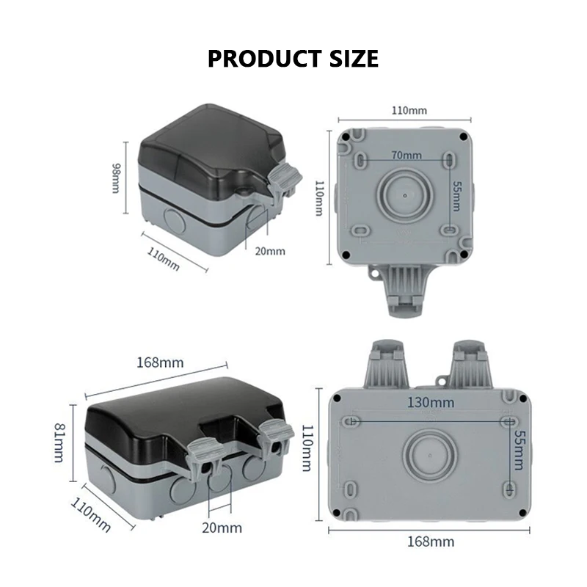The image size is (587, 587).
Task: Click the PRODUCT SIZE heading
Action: point(293,58)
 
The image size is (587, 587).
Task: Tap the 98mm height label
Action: point(116,178)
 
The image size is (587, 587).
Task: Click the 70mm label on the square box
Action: point(406,155)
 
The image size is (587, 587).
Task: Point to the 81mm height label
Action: point(59,443)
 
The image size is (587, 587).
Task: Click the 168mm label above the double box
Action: point(160,362)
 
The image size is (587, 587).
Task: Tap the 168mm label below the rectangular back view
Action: point(431,542)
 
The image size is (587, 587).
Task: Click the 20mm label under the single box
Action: point(269,251)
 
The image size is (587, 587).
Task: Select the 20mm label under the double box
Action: point(221,527)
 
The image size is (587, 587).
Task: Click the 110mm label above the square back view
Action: point(408,110)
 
